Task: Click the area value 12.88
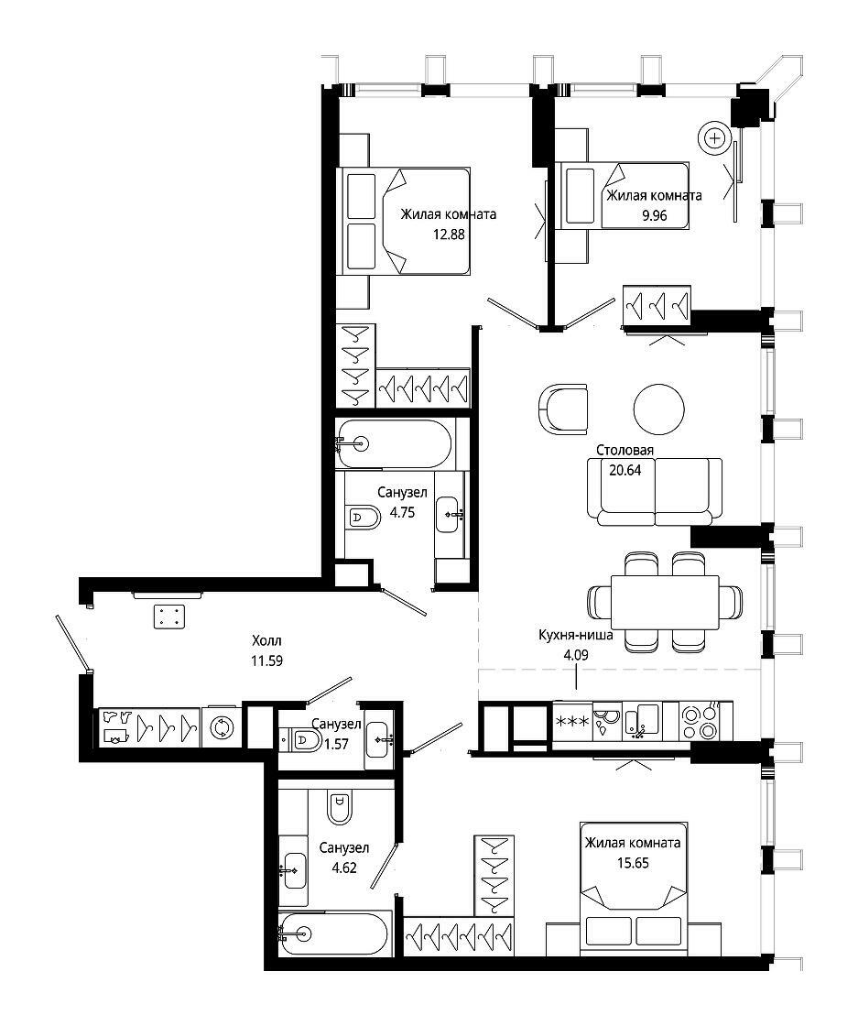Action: pos(449,235)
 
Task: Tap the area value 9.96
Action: pos(654,215)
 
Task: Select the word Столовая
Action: pos(624,450)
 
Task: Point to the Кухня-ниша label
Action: pos(575,635)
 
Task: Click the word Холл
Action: pos(266,640)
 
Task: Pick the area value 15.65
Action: pos(633,863)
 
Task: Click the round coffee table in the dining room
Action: pos(658,409)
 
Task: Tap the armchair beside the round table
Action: pos(563,409)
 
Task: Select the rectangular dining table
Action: pos(665,602)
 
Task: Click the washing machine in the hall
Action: pos(222,727)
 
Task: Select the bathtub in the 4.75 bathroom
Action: pos(394,444)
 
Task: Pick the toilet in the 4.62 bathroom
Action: pos(340,806)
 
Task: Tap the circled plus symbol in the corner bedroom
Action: pos(715,138)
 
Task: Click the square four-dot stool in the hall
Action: pos(169,617)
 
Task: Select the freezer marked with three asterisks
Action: pos(573,722)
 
